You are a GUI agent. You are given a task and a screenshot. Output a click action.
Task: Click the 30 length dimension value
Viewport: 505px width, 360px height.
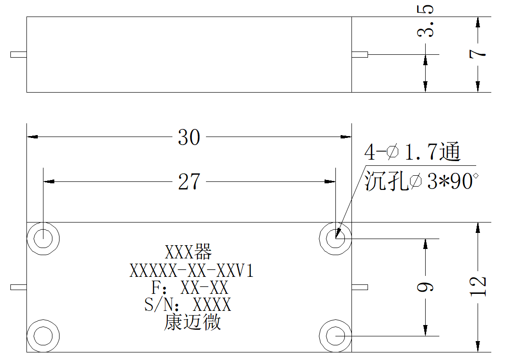[x=189, y=137]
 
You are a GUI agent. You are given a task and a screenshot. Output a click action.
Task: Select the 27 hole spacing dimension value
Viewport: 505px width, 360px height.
[x=189, y=182]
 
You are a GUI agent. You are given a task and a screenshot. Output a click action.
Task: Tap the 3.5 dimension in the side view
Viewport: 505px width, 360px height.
[x=426, y=21]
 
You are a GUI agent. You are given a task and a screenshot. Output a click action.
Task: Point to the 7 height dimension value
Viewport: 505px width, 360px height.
[x=478, y=54]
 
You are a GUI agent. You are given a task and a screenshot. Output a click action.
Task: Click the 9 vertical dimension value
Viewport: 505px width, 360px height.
[x=426, y=287]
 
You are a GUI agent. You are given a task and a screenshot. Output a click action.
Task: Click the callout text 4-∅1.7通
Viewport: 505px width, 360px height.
[x=412, y=152]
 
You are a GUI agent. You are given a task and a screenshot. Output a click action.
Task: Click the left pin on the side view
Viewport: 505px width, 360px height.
[x=19, y=54]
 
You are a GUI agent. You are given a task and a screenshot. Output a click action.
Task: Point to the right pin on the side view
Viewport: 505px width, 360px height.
[x=360, y=54]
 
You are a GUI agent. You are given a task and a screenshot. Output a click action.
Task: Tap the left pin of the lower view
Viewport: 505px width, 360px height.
[x=19, y=287]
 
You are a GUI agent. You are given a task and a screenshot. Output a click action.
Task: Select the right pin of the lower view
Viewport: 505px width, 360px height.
[x=360, y=287]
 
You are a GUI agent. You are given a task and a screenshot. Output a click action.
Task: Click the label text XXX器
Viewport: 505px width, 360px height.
[x=188, y=252]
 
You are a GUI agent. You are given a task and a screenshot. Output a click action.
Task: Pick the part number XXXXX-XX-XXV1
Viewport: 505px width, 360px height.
[x=191, y=271]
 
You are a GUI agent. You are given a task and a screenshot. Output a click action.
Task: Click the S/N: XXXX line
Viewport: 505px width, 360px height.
[x=188, y=304]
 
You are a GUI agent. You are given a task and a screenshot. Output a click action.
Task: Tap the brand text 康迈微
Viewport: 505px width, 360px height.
[x=193, y=322]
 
